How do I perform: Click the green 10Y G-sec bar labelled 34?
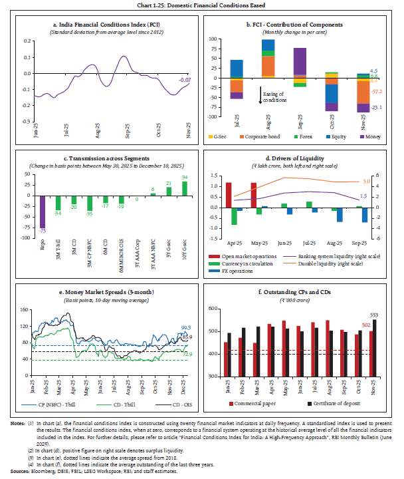(183, 188)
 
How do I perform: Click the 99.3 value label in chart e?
(187, 327)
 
